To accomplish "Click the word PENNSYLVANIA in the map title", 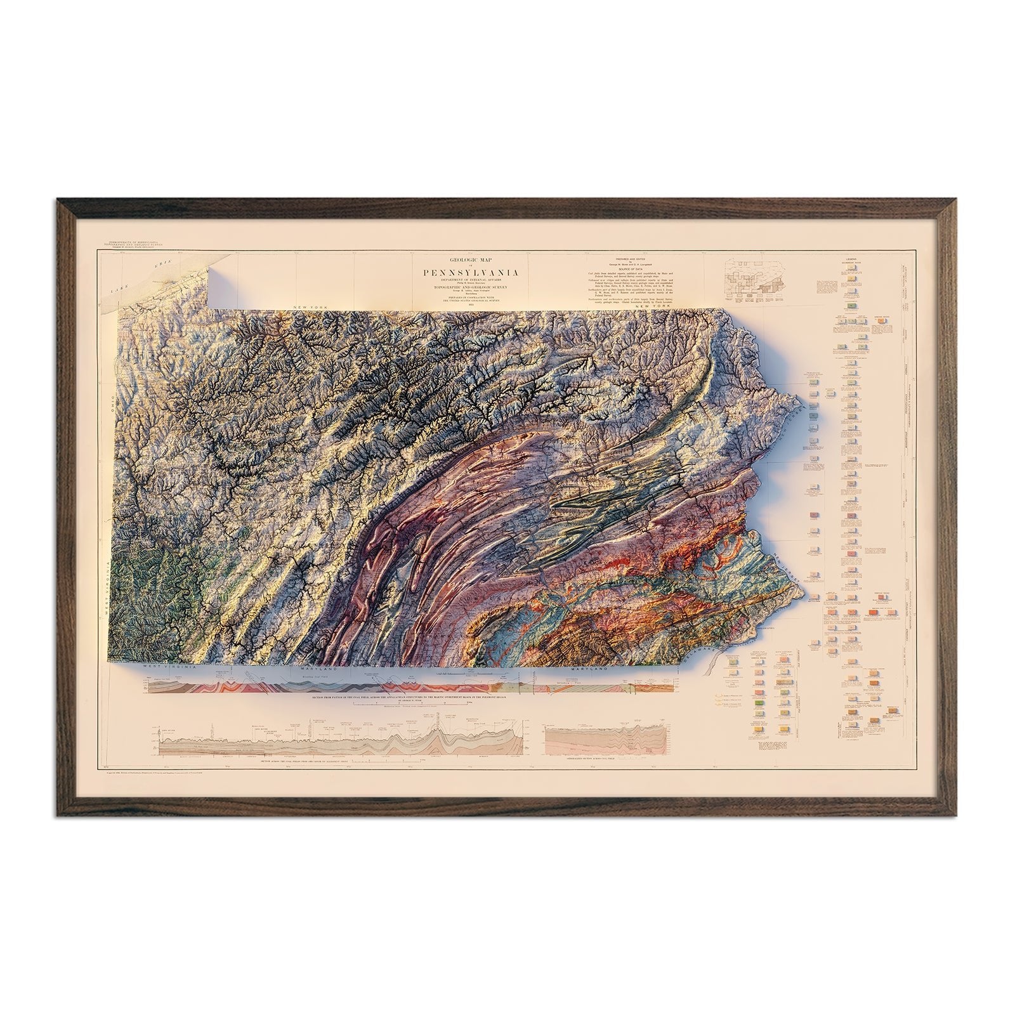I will [x=469, y=273].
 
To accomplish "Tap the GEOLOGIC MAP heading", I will [x=469, y=260].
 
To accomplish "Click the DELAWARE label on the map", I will [x=712, y=647].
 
